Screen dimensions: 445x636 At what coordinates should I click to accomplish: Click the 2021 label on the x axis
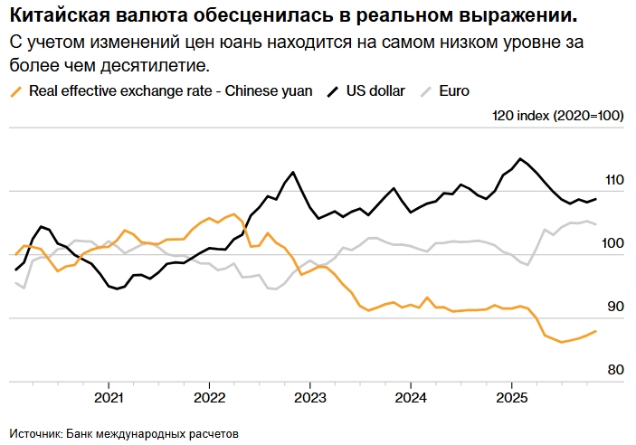109,397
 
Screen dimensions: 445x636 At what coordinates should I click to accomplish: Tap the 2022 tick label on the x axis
209,397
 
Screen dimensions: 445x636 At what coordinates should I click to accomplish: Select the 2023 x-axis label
309,397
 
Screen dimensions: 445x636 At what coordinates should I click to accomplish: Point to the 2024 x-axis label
411,397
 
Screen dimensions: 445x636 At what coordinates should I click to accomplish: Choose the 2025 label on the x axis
511,397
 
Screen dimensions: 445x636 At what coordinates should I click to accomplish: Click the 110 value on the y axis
615,180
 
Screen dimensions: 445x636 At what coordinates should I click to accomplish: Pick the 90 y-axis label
617,307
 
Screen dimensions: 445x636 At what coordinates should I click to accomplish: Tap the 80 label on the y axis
617,370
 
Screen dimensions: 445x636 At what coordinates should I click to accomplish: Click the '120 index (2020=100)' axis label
558,116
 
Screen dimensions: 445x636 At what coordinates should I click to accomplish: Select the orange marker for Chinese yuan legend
15,91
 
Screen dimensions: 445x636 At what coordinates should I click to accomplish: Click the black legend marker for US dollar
333,91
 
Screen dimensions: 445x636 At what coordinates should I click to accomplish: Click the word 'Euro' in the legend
454,91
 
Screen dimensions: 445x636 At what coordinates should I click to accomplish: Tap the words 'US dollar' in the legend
375,91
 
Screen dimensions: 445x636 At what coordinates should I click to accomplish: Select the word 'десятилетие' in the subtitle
167,66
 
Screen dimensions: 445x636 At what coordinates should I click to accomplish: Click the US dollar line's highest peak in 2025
519,159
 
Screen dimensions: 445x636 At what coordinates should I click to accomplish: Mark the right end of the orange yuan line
595,331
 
